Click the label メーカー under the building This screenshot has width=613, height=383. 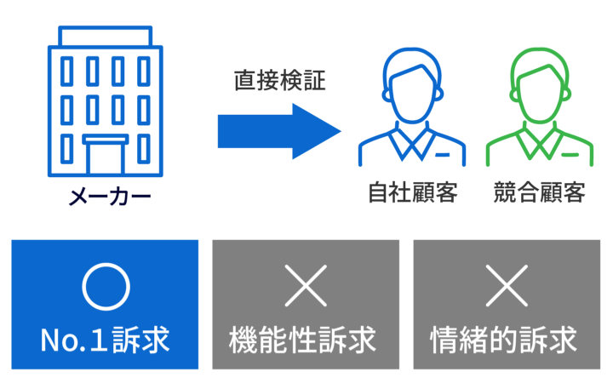tap(110, 197)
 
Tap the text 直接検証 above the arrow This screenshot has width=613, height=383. tap(280, 81)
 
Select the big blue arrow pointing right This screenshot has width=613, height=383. tap(279, 131)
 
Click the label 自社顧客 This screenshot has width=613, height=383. tap(413, 192)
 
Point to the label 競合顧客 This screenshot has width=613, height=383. tap(540, 192)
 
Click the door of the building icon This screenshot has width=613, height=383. tap(106, 154)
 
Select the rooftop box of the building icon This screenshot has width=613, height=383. tap(106, 36)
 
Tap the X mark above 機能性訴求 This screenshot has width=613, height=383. tap(306, 286)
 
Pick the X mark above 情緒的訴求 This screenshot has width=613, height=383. tap(507, 286)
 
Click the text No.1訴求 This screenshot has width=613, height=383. tap(106, 340)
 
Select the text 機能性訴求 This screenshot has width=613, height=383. tap(302, 340)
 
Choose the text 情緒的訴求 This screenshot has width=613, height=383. tap(504, 340)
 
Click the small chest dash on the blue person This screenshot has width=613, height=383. tap(443, 155)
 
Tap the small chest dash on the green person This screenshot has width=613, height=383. tap(570, 155)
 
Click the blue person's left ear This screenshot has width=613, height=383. tap(386, 95)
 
